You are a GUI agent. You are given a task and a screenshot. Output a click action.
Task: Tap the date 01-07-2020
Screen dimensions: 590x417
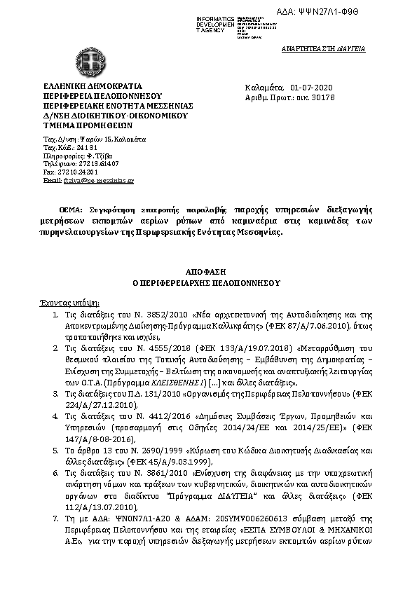(x=313, y=88)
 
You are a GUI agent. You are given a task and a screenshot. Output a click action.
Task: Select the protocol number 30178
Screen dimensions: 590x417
(x=326, y=99)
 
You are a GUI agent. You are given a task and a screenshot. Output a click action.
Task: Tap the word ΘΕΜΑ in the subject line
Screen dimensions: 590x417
(x=70, y=210)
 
